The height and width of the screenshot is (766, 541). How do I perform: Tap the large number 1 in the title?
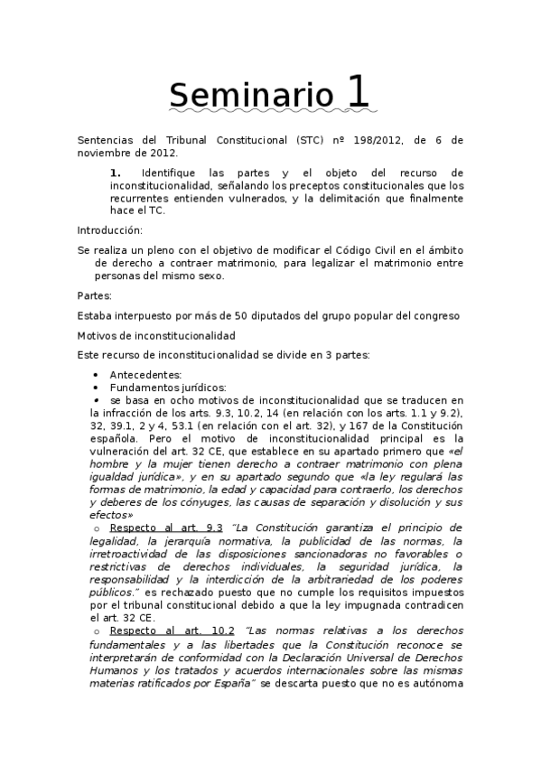pos(357,91)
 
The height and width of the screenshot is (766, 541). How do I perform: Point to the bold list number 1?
pos(116,172)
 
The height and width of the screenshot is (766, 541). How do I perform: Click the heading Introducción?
pos(110,229)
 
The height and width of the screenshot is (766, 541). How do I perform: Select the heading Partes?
pos(96,294)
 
